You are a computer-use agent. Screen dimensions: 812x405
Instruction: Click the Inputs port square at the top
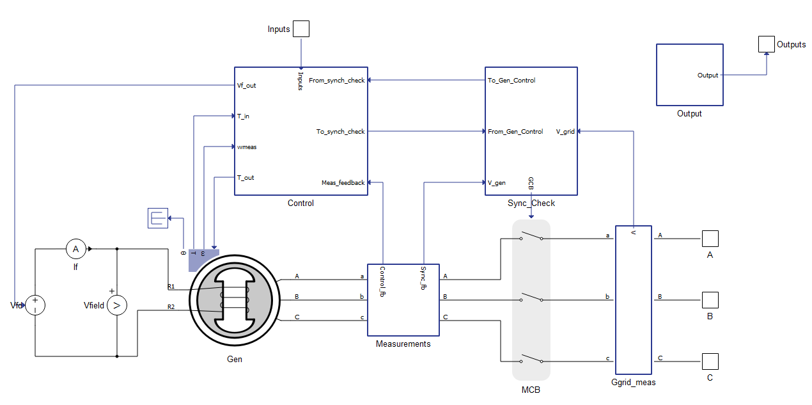pyautogui.click(x=301, y=29)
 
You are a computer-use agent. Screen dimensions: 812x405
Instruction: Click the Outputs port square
pyautogui.click(x=767, y=44)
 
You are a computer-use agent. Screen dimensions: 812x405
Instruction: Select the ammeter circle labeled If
pyautogui.click(x=75, y=249)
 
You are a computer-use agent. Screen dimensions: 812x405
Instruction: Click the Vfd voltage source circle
pyautogui.click(x=35, y=305)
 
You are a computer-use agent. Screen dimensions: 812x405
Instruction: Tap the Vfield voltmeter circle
pyautogui.click(x=117, y=305)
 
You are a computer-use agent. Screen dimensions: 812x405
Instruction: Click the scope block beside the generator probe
pyautogui.click(x=158, y=218)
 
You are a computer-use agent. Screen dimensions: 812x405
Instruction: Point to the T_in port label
pyautogui.click(x=243, y=116)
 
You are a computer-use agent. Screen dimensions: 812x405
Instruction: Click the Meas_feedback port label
pyautogui.click(x=343, y=182)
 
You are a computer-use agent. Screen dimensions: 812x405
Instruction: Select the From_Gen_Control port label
pyautogui.click(x=515, y=131)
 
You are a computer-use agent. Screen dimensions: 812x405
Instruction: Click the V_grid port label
pyautogui.click(x=565, y=131)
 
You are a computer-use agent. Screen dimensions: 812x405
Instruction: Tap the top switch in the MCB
pyautogui.click(x=531, y=236)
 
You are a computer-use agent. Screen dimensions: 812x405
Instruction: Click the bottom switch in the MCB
pyautogui.click(x=531, y=359)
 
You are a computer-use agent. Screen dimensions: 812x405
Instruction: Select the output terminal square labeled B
pyautogui.click(x=710, y=300)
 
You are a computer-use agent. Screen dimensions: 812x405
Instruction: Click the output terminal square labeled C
pyautogui.click(x=710, y=361)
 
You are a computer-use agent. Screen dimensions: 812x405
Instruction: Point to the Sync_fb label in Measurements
pyautogui.click(x=423, y=278)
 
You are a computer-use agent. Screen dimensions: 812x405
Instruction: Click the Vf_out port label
pyautogui.click(x=247, y=85)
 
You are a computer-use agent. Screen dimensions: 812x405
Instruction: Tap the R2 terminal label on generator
pyautogui.click(x=171, y=306)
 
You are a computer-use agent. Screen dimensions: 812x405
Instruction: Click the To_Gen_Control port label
pyautogui.click(x=511, y=80)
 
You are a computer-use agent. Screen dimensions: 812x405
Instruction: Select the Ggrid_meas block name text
pyautogui.click(x=633, y=382)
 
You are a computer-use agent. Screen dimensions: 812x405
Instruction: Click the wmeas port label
pyautogui.click(x=247, y=147)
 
